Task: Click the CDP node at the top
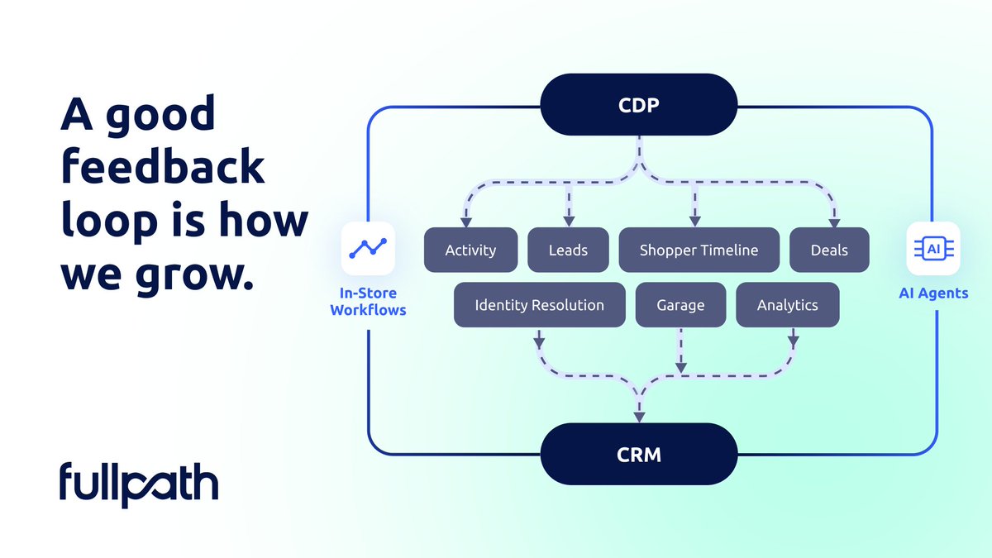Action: (638, 104)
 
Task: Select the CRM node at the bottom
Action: (638, 454)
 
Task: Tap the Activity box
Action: (470, 250)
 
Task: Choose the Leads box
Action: (568, 250)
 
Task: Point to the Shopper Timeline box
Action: (699, 250)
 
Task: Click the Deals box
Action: (829, 250)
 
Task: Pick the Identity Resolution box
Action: (539, 305)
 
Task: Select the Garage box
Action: (680, 305)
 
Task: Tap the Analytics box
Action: (787, 305)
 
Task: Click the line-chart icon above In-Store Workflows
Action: (368, 249)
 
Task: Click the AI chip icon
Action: (933, 249)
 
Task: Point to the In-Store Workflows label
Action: (368, 301)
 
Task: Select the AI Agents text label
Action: (933, 293)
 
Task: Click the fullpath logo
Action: (139, 485)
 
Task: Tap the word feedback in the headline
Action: (163, 167)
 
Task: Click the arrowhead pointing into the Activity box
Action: (466, 222)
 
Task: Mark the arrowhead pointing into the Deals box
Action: (834, 222)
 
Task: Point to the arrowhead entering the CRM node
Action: (639, 417)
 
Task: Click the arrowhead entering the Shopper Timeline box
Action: (695, 222)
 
